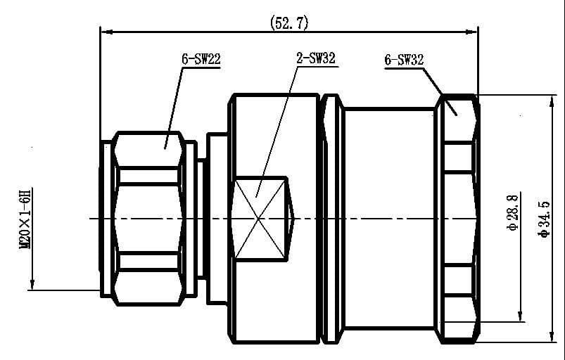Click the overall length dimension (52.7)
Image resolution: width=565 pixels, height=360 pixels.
pyautogui.click(x=289, y=23)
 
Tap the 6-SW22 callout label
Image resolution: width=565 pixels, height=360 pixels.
pyautogui.click(x=201, y=59)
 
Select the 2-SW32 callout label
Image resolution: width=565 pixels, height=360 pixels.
pyautogui.click(x=316, y=58)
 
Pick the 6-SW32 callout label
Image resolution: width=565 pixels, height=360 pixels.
pyautogui.click(x=404, y=60)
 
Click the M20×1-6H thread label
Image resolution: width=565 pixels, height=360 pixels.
pyautogui.click(x=25, y=218)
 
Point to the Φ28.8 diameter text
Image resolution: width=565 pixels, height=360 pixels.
pyautogui.click(x=513, y=212)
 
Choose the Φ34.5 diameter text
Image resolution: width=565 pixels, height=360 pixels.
pyautogui.click(x=544, y=219)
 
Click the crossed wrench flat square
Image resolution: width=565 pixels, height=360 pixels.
pyautogui.click(x=260, y=218)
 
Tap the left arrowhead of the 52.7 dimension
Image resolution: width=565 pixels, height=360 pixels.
pyautogui.click(x=107, y=32)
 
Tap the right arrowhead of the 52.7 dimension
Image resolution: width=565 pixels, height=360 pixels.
pyautogui.click(x=471, y=32)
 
